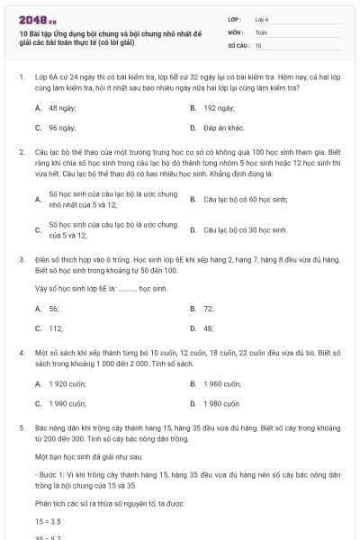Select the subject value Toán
click(261, 31)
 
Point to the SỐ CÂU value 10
click(258, 44)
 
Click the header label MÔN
click(235, 31)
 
